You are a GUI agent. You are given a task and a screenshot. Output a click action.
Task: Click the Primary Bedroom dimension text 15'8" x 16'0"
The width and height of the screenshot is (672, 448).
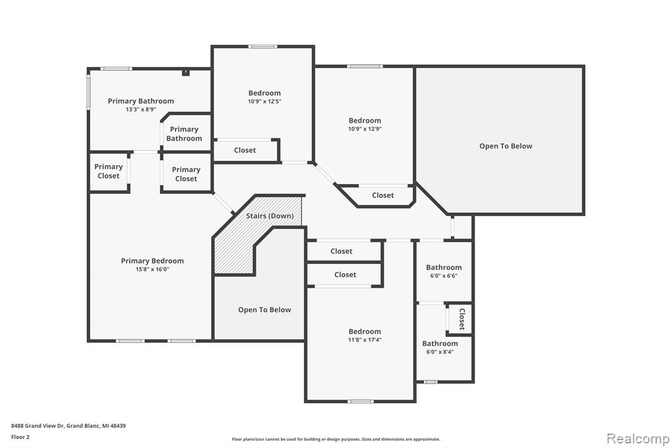pos(152,269)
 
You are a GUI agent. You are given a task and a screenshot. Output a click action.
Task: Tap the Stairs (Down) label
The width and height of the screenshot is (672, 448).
pos(270,216)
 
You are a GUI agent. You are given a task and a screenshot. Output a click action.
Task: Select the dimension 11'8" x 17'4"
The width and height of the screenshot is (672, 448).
pos(365,340)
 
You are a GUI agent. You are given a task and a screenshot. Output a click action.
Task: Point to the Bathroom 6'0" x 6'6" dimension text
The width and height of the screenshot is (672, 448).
pos(444,276)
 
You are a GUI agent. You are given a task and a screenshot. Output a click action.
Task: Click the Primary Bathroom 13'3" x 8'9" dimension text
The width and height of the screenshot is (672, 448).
pos(141,110)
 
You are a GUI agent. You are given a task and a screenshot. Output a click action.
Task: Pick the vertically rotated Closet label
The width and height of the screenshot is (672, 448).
pos(462,319)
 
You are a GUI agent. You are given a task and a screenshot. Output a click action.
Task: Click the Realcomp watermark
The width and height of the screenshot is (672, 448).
pos(638,439)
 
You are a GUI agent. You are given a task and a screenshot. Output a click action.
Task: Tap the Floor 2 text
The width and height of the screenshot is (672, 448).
pos(20,437)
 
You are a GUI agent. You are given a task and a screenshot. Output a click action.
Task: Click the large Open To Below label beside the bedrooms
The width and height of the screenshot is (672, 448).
pos(506,146)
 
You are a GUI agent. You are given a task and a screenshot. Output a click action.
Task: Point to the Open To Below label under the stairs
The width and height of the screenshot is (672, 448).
pos(264,310)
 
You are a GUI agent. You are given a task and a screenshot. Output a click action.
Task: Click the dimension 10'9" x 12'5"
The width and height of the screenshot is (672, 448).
pos(264,102)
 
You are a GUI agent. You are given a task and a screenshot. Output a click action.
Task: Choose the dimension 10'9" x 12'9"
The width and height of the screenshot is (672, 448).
pos(365,129)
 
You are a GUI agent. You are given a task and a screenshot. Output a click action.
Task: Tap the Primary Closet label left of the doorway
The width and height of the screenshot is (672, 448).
pos(108,171)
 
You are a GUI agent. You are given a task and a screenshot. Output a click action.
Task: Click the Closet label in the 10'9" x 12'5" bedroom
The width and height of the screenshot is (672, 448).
pos(245,150)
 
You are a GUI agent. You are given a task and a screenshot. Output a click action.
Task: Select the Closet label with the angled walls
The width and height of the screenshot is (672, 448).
pos(383,195)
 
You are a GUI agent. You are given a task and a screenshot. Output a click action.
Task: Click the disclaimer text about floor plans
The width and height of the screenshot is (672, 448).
pos(336,439)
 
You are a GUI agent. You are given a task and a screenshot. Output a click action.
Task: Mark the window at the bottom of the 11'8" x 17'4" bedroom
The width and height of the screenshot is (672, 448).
pos(360,401)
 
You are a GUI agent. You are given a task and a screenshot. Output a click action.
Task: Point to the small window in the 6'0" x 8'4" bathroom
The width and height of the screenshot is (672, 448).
pos(430,382)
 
